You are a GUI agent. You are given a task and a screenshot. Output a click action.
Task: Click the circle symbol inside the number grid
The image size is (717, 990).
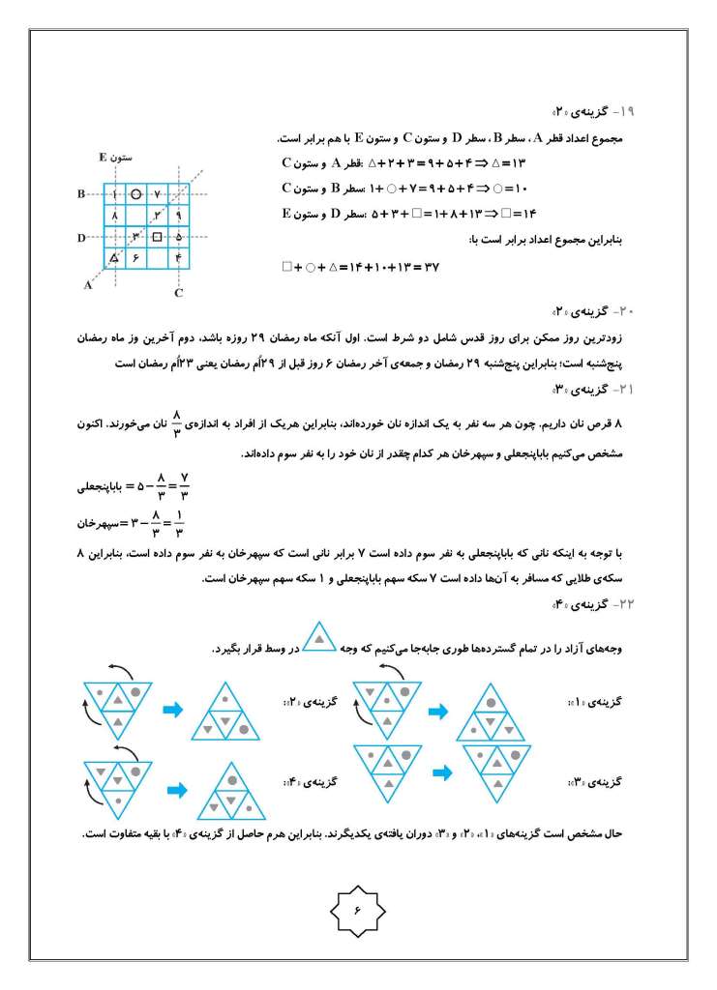pyautogui.click(x=137, y=194)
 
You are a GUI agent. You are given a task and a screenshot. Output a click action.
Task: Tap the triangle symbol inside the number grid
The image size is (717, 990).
pyautogui.click(x=115, y=257)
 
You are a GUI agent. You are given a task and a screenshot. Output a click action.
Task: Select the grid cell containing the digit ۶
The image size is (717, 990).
pyautogui.click(x=136, y=257)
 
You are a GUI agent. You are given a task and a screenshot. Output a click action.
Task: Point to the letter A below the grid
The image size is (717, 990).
pyautogui.click(x=88, y=285)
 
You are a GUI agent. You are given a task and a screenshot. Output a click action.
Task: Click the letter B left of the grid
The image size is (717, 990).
pyautogui.click(x=82, y=194)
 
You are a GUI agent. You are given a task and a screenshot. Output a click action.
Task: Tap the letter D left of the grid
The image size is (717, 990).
pyautogui.click(x=82, y=236)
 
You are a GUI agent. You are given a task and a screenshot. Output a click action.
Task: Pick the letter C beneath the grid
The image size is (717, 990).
pyautogui.click(x=179, y=291)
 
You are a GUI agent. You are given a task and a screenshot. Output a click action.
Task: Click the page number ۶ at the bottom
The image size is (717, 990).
pyautogui.click(x=358, y=909)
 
